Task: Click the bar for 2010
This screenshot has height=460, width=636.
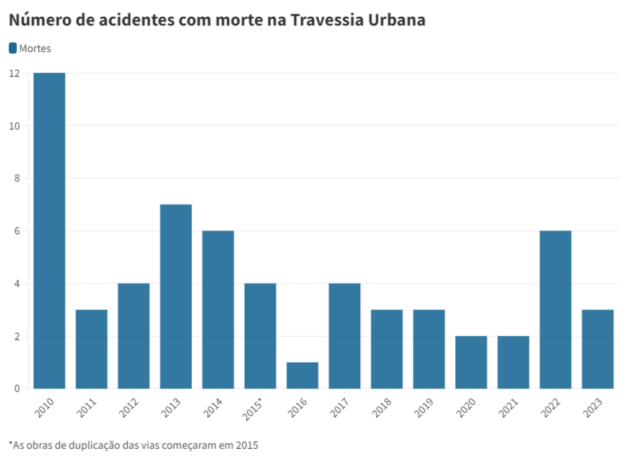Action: pos(49,231)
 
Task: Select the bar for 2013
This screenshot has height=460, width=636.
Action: pos(176,297)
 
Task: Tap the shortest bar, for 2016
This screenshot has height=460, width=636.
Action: pos(302,375)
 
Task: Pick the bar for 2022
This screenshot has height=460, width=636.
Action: pos(555,310)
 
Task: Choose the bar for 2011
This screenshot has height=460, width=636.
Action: pos(91,349)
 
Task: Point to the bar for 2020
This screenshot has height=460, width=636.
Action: pos(471,362)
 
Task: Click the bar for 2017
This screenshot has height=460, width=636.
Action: pos(345,336)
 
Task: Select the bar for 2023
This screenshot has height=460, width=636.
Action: pos(597,349)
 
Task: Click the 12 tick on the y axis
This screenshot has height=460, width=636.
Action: pos(14,73)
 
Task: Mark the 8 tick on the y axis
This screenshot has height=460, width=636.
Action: pos(17,178)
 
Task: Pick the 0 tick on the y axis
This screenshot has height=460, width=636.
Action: pos(17,389)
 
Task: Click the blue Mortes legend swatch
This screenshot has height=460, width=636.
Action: pos(13,48)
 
